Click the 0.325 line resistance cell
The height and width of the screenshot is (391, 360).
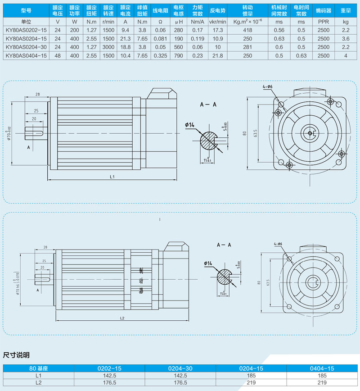(x=160, y=55)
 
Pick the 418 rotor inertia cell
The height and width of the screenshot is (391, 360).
(x=247, y=29)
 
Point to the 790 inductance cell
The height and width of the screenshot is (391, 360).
(x=179, y=55)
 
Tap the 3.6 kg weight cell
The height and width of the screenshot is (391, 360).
(x=346, y=38)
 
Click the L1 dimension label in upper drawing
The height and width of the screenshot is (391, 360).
(x=113, y=177)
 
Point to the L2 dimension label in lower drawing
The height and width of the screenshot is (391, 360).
(x=122, y=318)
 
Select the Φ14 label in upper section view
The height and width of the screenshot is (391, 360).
(x=189, y=125)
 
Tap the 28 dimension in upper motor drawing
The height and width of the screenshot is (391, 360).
(x=37, y=94)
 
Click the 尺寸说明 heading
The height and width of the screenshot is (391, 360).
(x=16, y=355)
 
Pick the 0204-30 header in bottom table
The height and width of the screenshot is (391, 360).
(x=180, y=368)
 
